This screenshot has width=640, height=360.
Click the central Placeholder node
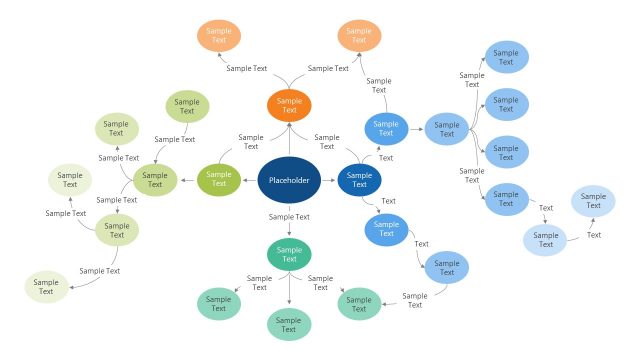pos(289,180)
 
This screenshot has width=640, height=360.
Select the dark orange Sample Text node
pos(289,105)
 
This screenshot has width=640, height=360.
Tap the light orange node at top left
pos(218,36)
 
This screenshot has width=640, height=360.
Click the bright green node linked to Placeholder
pos(218,180)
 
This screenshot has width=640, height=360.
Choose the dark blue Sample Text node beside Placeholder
pos(359,180)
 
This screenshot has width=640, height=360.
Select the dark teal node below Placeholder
pos(289,254)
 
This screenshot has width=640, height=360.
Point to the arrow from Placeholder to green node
pos(250,180)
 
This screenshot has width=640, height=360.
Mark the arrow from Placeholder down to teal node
pos(289,225)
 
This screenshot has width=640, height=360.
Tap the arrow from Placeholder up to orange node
pos(289,138)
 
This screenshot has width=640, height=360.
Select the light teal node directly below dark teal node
pos(289,324)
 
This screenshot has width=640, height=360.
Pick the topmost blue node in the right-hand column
pos(506,56)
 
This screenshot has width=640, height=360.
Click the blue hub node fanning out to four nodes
pos(446,128)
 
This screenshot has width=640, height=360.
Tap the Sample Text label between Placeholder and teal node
pos(289,216)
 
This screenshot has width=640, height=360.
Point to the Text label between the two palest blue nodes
pos(594,235)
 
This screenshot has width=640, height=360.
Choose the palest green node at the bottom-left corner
pos(46,286)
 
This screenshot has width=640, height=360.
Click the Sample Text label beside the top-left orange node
pos(247,68)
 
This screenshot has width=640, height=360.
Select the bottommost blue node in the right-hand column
pos(506,200)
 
